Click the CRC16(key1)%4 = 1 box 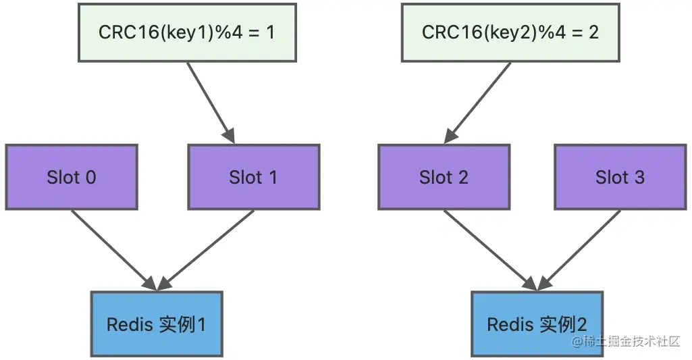pyautogui.click(x=187, y=32)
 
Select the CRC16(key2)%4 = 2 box pyautogui.click(x=510, y=32)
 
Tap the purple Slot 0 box pyautogui.click(x=72, y=177)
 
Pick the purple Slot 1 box pyautogui.click(x=253, y=177)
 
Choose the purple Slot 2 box pyautogui.click(x=444, y=177)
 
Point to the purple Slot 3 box pyautogui.click(x=620, y=177)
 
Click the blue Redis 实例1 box pyautogui.click(x=156, y=324)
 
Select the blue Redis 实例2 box pyautogui.click(x=537, y=324)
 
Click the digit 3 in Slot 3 pyautogui.click(x=639, y=177)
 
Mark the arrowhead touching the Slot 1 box pyautogui.click(x=229, y=136)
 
